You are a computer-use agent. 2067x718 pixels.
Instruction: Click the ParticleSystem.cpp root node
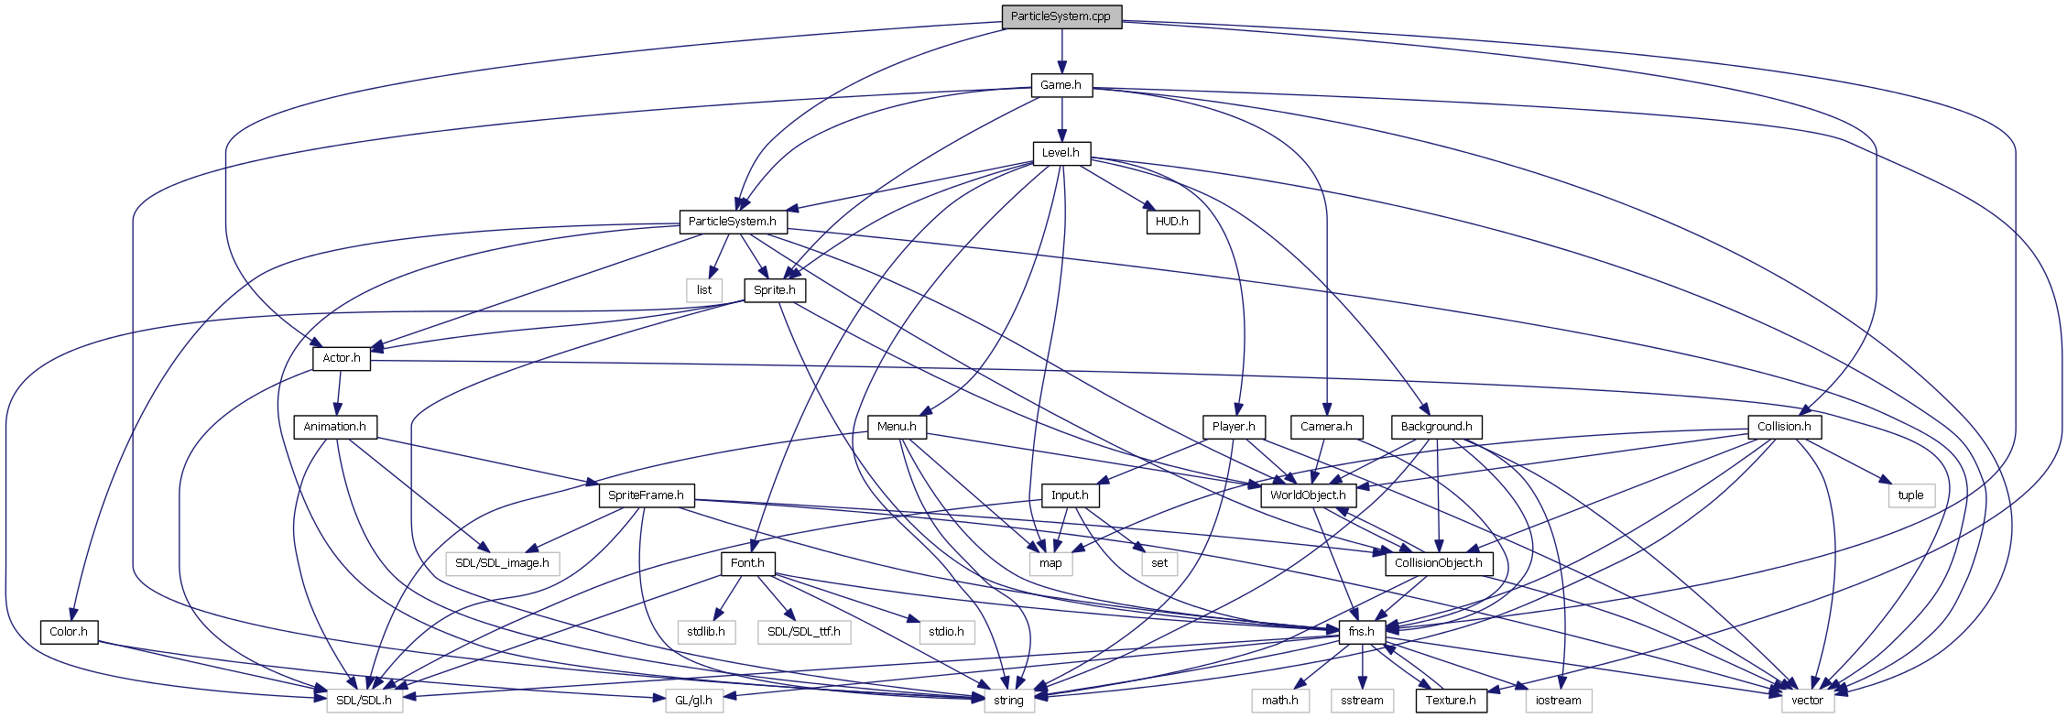tap(1061, 16)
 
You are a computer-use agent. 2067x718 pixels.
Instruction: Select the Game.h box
tap(1061, 85)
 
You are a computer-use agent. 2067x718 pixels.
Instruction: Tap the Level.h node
tap(1061, 153)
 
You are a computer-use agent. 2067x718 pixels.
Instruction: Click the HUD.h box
tap(1171, 222)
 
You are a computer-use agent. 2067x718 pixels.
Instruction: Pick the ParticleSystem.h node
tap(732, 222)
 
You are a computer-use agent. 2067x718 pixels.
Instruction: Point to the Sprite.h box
tap(774, 290)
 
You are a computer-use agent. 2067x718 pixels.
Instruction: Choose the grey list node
tap(703, 290)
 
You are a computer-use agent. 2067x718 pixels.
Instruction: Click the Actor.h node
tap(341, 358)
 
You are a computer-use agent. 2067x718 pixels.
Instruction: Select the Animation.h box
tap(334, 427)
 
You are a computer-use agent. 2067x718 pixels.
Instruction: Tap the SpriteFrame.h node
tap(646, 495)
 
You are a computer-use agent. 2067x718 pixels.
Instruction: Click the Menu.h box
tap(896, 427)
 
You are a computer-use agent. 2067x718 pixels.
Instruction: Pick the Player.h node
tap(1233, 427)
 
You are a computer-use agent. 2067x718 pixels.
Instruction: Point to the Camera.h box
tap(1325, 427)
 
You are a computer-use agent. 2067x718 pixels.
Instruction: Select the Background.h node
tap(1436, 427)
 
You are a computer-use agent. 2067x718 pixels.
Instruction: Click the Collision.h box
tap(1783, 427)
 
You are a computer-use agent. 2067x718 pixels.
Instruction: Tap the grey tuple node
tap(1910, 495)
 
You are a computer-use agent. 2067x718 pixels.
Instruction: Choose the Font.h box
tap(747, 563)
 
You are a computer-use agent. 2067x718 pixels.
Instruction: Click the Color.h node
tap(69, 632)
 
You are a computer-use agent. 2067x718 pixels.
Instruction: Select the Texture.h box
tap(1451, 701)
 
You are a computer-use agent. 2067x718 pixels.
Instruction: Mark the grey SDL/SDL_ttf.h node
tap(803, 632)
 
